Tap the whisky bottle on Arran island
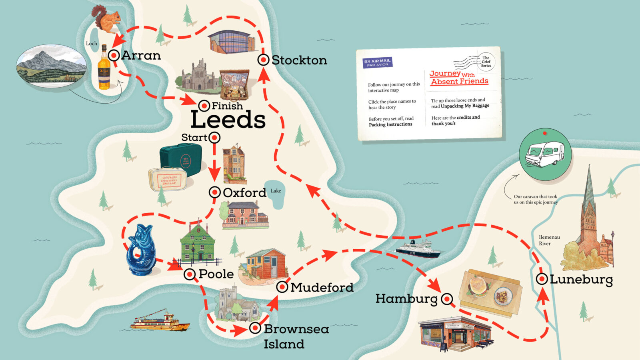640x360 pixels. (104, 68)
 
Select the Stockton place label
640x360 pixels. (299, 60)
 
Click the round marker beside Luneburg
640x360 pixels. (542, 279)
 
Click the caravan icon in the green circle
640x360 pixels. (544, 154)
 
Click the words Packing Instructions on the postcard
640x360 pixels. (390, 124)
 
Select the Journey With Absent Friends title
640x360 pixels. (458, 78)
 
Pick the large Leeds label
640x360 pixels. (228, 120)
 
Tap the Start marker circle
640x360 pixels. (214, 138)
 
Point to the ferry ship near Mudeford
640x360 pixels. (418, 249)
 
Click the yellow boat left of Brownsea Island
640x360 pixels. (160, 321)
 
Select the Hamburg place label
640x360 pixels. (406, 298)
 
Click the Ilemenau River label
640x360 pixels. (548, 240)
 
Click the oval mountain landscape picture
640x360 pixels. (51, 66)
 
